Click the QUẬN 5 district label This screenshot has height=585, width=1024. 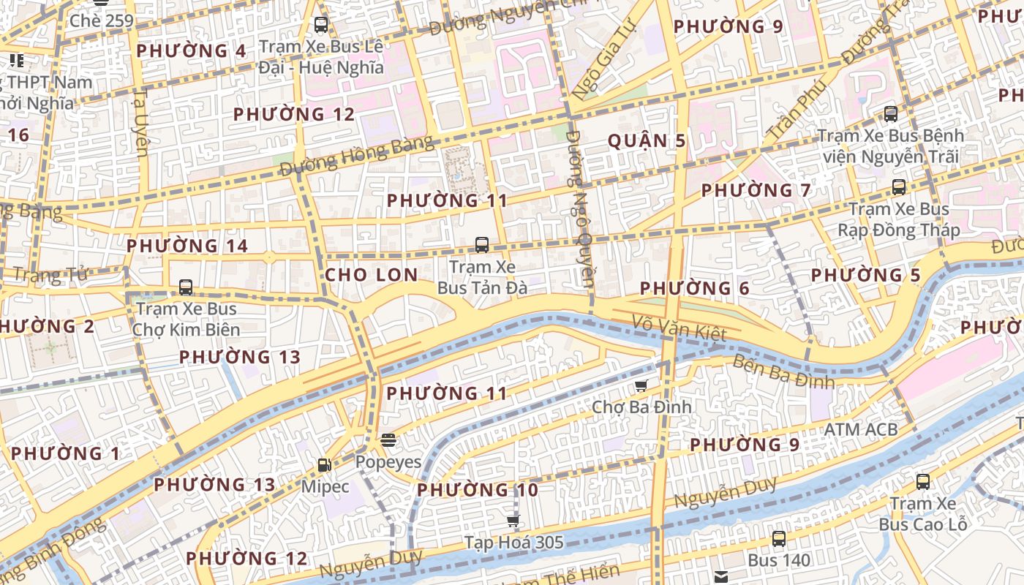647,141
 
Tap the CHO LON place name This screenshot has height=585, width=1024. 371,275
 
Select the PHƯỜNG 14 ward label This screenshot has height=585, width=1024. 187,246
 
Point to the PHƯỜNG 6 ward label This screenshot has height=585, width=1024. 695,289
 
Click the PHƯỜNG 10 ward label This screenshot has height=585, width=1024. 478,490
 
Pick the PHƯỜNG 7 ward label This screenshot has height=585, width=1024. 756,191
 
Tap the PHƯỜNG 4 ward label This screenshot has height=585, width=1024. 191,51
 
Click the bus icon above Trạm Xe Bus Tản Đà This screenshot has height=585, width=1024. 481,245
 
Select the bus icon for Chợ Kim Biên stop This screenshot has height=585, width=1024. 186,287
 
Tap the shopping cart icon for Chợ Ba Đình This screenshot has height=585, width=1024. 641,385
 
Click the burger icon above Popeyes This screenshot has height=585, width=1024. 388,440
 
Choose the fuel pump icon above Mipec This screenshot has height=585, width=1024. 324,464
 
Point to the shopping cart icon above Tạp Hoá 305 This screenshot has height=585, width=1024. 513,521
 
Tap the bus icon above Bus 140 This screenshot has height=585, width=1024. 779,539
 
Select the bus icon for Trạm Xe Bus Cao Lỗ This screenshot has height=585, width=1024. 923,482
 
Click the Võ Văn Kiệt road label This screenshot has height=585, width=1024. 679,327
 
